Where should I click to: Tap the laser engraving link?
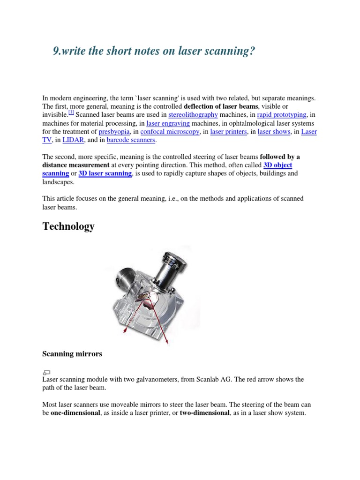(x=167, y=123)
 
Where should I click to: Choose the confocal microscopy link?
(x=170, y=132)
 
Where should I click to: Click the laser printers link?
(x=228, y=132)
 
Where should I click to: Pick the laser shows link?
(x=274, y=132)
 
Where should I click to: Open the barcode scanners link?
(x=131, y=140)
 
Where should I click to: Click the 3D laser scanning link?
(x=105, y=173)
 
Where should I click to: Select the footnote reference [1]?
(x=71, y=113)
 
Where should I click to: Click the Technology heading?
(x=68, y=226)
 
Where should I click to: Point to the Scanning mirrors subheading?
(x=72, y=354)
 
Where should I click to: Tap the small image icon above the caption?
(x=46, y=372)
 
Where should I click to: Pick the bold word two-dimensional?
(x=205, y=413)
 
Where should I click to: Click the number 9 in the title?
(x=56, y=51)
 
